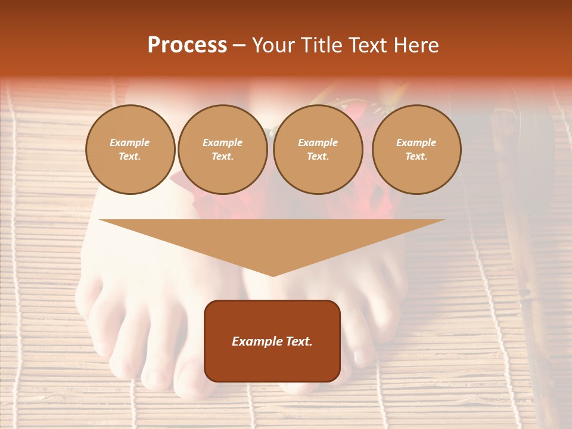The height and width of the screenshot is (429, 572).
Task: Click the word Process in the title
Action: pyautogui.click(x=187, y=45)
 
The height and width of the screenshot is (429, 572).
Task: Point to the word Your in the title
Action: pyautogui.click(x=275, y=45)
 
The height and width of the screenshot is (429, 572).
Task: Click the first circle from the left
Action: pyautogui.click(x=130, y=149)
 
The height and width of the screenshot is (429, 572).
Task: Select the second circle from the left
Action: pyautogui.click(x=222, y=149)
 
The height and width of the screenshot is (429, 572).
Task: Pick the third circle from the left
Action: pyautogui.click(x=318, y=149)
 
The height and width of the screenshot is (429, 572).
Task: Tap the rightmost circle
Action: pyautogui.click(x=416, y=149)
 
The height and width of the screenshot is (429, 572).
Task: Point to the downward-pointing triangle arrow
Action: pyautogui.click(x=272, y=238)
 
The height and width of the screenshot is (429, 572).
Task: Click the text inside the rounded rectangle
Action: pyautogui.click(x=272, y=341)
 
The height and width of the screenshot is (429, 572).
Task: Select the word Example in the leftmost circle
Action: pyautogui.click(x=130, y=142)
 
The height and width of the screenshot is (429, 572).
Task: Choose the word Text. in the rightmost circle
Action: pyautogui.click(x=416, y=156)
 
